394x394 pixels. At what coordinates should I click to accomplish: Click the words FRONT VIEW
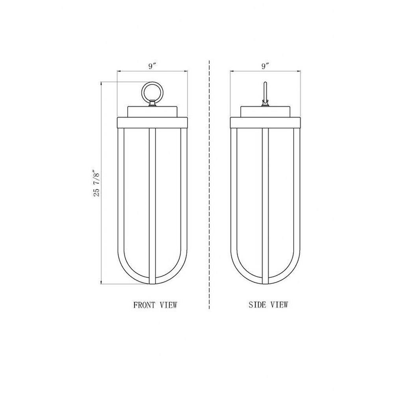[x=155, y=305]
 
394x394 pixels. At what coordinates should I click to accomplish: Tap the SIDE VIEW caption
[x=268, y=305]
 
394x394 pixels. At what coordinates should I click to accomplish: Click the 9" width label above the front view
[x=152, y=66]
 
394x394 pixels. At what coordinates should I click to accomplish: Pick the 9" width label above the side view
[x=265, y=66]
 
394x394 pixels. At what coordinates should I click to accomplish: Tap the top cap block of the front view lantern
[x=152, y=112]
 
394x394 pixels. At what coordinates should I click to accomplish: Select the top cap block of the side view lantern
[x=265, y=112]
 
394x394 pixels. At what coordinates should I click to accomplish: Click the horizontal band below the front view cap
[x=152, y=123]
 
